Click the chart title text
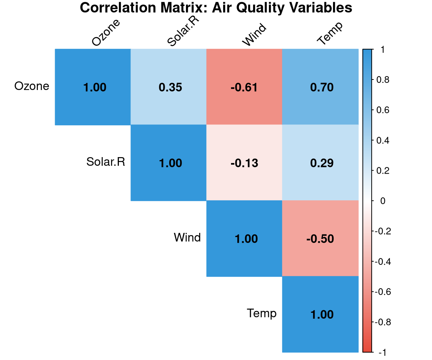(x=216, y=8)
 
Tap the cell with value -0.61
(x=244, y=87)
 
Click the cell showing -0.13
(x=244, y=163)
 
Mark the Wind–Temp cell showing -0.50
(x=320, y=238)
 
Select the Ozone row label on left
(x=32, y=86)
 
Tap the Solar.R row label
(x=106, y=162)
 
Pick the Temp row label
(x=262, y=313)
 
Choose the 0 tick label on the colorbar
(x=382, y=201)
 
